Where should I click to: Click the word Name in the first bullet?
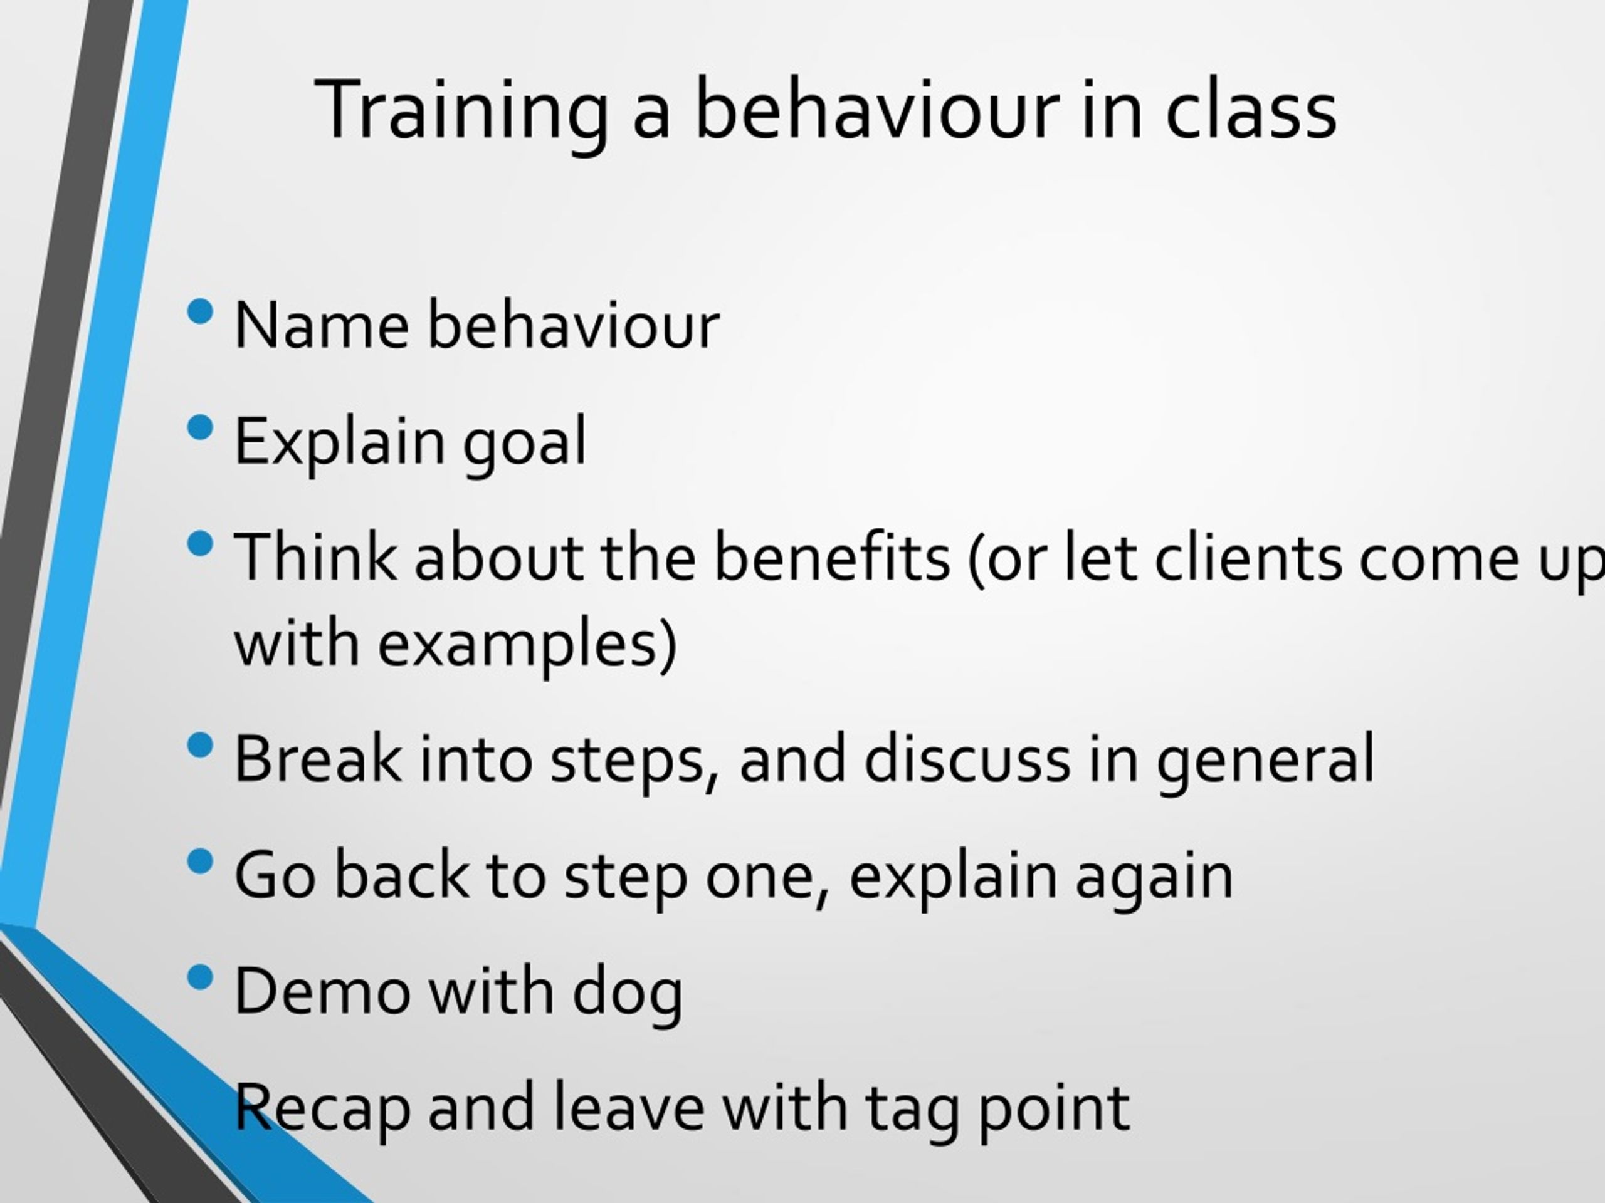pos(322,325)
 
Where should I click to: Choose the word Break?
pos(317,758)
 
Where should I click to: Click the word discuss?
pos(967,758)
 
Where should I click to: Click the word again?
pos(1154,879)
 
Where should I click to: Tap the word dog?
pos(628,994)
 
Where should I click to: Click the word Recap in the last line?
pos(322,1110)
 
